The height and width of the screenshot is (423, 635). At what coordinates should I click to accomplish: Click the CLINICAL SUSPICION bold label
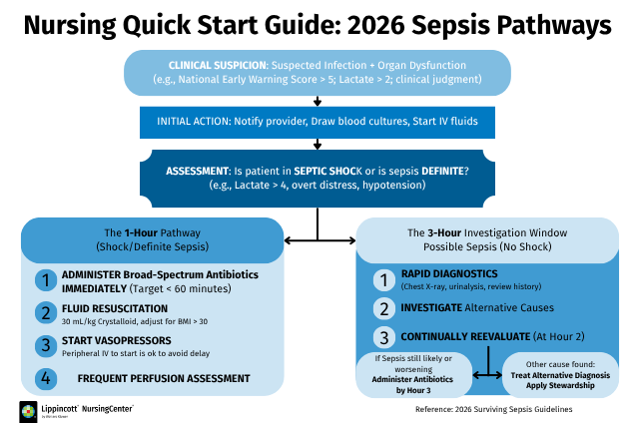pyautogui.click(x=218, y=65)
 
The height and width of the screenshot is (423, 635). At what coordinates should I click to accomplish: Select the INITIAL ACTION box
pyautogui.click(x=317, y=123)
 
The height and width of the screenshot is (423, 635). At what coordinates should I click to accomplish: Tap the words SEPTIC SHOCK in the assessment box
pyautogui.click(x=328, y=172)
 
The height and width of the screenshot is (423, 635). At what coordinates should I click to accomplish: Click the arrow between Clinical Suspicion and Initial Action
pyautogui.click(x=317, y=101)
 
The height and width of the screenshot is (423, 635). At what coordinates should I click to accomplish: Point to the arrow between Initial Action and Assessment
pyautogui.click(x=317, y=144)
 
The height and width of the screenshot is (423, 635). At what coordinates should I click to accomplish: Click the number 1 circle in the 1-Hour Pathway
pyautogui.click(x=46, y=280)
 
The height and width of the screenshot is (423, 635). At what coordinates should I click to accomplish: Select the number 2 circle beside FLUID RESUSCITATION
pyautogui.click(x=46, y=313)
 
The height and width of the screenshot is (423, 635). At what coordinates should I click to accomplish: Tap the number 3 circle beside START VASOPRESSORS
pyautogui.click(x=46, y=346)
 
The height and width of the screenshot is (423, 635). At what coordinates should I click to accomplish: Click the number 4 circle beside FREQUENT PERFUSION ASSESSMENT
pyautogui.click(x=46, y=378)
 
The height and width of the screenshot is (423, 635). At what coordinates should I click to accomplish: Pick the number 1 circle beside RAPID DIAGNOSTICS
pyautogui.click(x=384, y=280)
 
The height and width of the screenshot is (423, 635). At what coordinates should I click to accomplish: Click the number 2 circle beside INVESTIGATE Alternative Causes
pyautogui.click(x=384, y=309)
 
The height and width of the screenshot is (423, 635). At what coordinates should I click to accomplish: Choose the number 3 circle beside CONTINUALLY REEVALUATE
pyautogui.click(x=384, y=337)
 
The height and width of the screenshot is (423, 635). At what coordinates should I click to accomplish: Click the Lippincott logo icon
pyautogui.click(x=28, y=412)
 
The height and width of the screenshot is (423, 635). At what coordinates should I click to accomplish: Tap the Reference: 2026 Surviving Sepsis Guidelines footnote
pyautogui.click(x=493, y=409)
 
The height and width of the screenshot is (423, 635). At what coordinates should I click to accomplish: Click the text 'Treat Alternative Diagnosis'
pyautogui.click(x=560, y=375)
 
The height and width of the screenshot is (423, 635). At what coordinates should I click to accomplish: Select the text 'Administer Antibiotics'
pyautogui.click(x=412, y=379)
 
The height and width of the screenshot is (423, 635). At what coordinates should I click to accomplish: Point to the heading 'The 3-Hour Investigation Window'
pyautogui.click(x=487, y=232)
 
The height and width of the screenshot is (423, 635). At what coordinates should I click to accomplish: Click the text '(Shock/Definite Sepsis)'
pyautogui.click(x=153, y=247)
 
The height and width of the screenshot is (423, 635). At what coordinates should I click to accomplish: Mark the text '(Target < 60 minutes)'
pyautogui.click(x=180, y=288)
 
